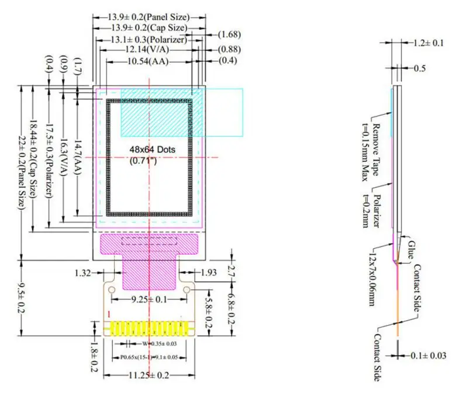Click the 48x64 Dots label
[x=152, y=150]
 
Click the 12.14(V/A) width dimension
[x=149, y=49]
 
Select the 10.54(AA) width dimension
[x=148, y=61]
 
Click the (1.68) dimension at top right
[x=229, y=34]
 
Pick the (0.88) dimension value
[x=229, y=49]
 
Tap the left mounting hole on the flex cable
[x=112, y=290]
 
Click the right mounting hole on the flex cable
[x=187, y=290]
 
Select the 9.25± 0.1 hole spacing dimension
[x=149, y=299]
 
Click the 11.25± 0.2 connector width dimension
[x=149, y=375]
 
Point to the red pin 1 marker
[x=109, y=314]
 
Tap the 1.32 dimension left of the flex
[x=82, y=273]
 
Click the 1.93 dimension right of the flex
[x=209, y=273]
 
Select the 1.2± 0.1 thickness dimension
[x=428, y=43]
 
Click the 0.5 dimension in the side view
[x=419, y=68]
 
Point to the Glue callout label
[x=411, y=249]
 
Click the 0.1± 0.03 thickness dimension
[x=428, y=355]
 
